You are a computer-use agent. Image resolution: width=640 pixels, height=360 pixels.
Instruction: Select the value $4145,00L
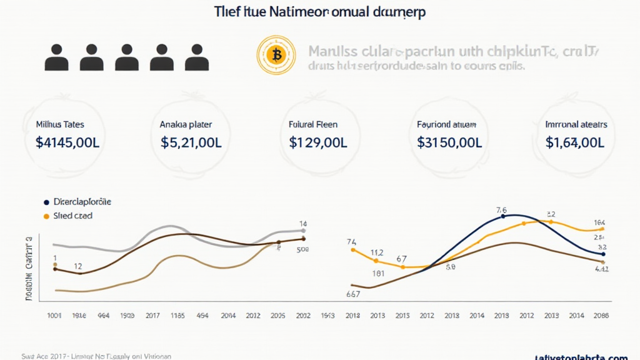[67, 142]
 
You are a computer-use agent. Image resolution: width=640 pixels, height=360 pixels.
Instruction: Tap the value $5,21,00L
[191, 142]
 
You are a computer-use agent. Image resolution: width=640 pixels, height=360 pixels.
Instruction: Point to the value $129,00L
[318, 142]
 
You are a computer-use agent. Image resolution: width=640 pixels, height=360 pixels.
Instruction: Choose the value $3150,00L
[449, 142]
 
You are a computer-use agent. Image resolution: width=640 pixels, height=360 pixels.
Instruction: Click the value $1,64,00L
[575, 142]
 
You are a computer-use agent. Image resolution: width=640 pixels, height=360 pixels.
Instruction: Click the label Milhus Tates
[61, 125]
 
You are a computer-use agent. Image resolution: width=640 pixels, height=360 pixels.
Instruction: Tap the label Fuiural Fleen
[318, 125]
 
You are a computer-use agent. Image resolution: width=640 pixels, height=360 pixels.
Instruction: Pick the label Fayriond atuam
[448, 125]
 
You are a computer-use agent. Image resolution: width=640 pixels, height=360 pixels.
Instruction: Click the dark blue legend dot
[46, 202]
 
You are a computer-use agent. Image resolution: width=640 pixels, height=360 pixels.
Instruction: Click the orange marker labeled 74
[353, 250]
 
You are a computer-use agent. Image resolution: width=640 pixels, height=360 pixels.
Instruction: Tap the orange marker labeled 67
[402, 267]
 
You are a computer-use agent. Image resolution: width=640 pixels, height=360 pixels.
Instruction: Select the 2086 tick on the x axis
[601, 316]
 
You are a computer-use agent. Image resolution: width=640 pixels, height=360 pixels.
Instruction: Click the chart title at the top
[316, 12]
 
